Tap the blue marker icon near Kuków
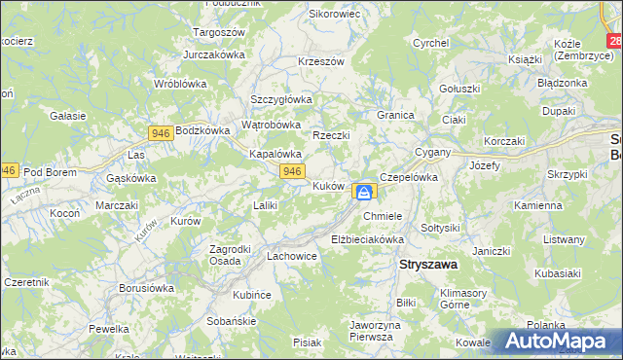point(363,192)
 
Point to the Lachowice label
point(292,257)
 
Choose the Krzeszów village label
point(322,61)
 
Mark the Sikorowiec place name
point(334,16)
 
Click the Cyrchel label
point(430,43)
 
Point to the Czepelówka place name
point(410,178)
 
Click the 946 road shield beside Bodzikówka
point(162,131)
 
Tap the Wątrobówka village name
point(271,125)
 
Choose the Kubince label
point(251,294)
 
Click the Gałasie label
point(68,115)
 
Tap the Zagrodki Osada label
point(233,254)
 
